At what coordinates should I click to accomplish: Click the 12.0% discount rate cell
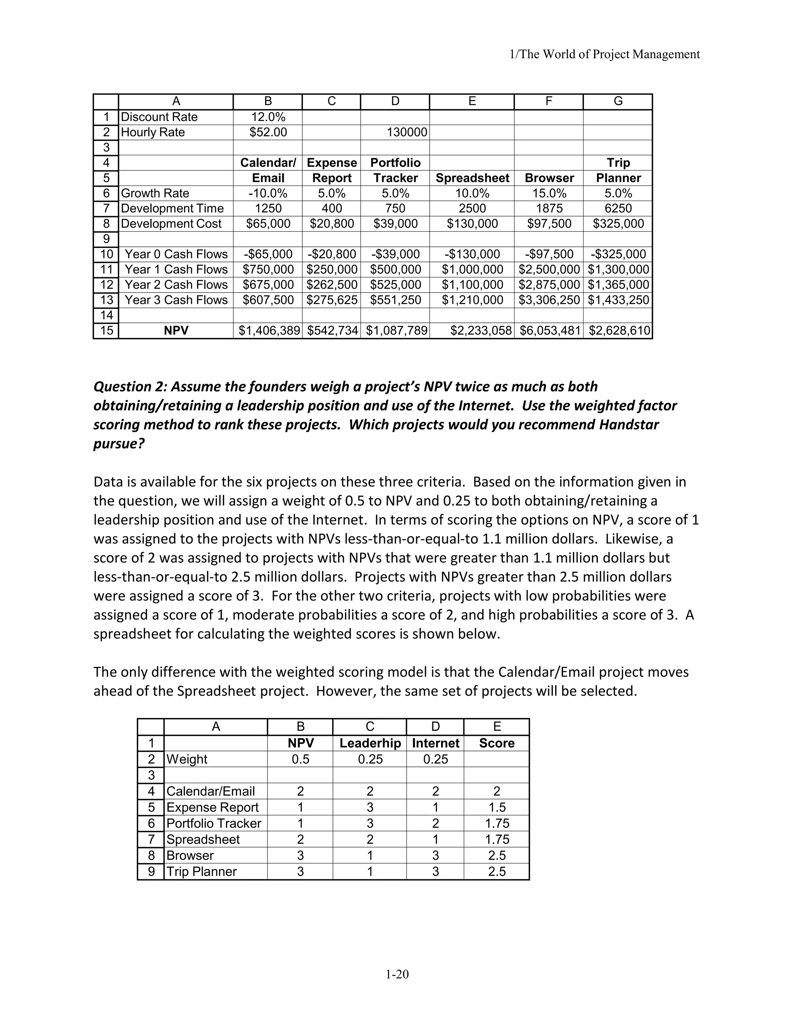[x=268, y=117]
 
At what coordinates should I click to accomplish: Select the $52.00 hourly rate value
[x=268, y=132]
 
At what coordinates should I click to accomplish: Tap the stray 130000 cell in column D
[x=406, y=132]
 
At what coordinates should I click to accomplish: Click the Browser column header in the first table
[x=549, y=178]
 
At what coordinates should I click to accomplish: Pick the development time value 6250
[x=618, y=209]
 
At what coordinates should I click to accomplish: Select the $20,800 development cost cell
[x=331, y=223]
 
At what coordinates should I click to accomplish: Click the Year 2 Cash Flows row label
[x=176, y=285]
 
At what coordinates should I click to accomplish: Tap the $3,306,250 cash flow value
[x=549, y=300]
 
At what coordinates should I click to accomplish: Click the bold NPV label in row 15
[x=176, y=331]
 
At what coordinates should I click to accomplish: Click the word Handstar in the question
[x=628, y=424]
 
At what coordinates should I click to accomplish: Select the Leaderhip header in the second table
[x=370, y=743]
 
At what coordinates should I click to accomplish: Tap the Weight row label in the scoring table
[x=187, y=759]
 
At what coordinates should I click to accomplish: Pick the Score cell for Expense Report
[x=496, y=807]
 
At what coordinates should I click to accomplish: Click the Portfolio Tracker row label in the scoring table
[x=214, y=823]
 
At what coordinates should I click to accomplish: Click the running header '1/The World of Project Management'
[x=605, y=55]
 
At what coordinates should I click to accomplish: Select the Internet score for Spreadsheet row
[x=435, y=839]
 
